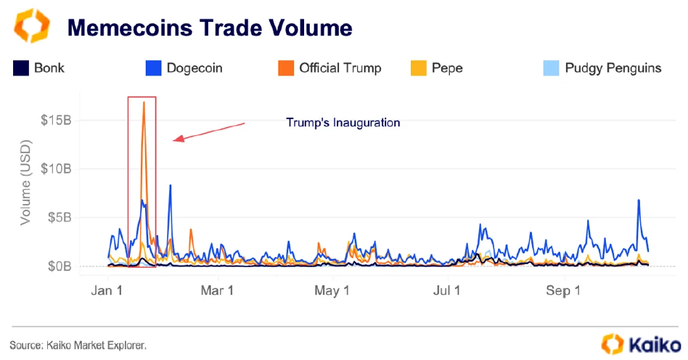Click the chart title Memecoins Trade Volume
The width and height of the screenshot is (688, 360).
210,28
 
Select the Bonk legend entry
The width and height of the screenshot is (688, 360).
39,68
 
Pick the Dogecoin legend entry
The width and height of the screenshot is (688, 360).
184,68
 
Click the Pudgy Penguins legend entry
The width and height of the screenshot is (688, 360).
602,68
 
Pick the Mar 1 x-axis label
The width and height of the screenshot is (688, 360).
216,291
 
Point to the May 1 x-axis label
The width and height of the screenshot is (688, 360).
332,291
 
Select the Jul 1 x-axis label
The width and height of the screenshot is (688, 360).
447,291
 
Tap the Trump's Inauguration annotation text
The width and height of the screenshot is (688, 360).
343,123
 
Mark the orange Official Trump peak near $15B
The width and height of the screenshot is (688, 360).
144,103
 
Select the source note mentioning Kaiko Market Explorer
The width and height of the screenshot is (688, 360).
78,345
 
